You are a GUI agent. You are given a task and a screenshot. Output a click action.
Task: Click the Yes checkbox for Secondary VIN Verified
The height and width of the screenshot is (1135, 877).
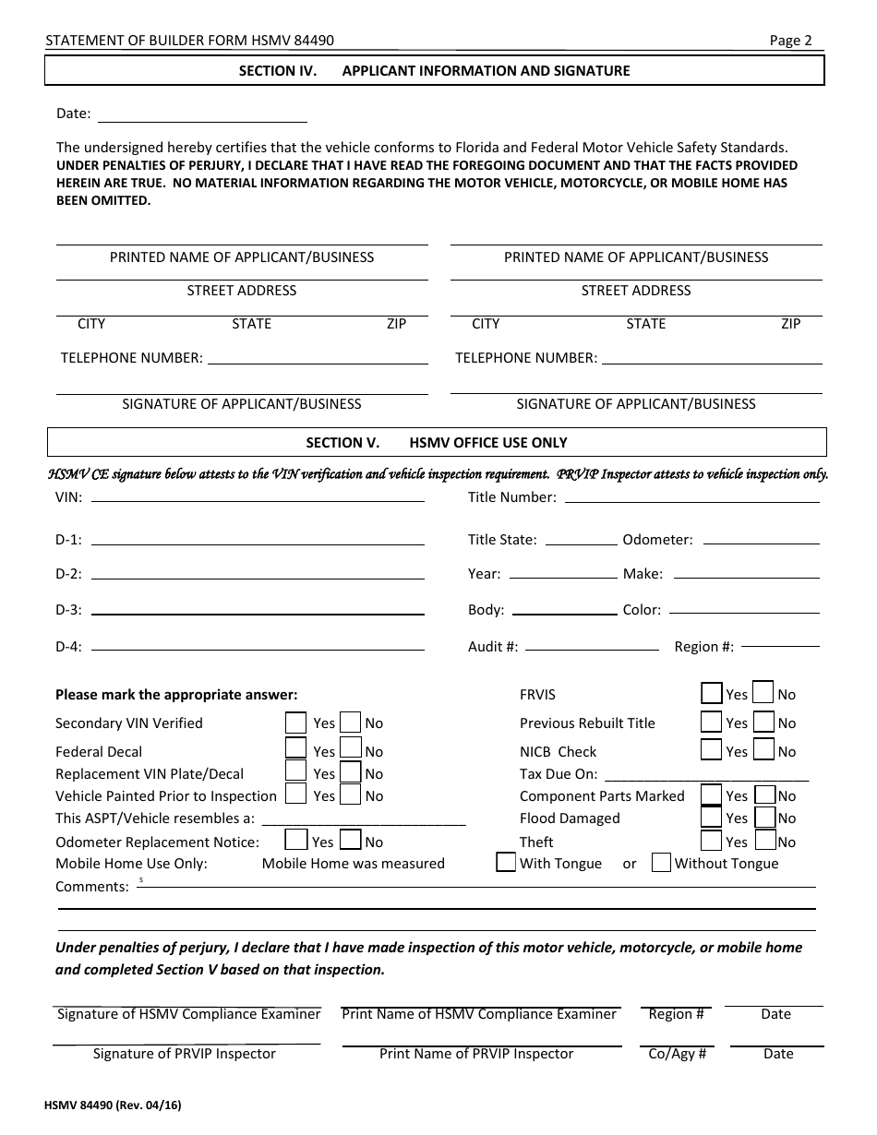(295, 722)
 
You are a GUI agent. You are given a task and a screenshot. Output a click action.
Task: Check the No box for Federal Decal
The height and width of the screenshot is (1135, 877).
(351, 748)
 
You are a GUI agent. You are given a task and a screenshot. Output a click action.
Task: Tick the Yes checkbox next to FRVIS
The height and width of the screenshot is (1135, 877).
(711, 693)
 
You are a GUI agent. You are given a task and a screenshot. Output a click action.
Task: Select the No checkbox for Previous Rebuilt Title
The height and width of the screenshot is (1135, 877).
(763, 722)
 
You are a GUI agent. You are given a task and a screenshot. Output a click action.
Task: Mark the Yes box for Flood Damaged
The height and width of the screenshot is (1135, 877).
(711, 817)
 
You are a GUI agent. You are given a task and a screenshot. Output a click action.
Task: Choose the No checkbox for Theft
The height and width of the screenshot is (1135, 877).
(765, 840)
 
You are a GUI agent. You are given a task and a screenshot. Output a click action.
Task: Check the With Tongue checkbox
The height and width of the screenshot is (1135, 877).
(506, 863)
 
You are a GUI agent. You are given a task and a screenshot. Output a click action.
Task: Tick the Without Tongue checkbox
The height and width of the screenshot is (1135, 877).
(661, 863)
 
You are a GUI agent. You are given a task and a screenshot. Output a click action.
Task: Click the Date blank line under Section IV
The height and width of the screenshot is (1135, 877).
(202, 120)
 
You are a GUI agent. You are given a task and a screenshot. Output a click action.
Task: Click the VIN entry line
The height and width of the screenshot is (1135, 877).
(258, 499)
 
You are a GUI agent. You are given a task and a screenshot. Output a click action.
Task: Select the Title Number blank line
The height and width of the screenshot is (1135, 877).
(691, 500)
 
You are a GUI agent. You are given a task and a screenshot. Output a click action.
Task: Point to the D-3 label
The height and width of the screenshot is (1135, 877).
(68, 610)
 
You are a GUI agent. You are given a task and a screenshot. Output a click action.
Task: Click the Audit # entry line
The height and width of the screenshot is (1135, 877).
(592, 648)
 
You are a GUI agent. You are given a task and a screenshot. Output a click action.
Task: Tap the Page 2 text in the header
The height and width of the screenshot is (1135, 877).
(790, 41)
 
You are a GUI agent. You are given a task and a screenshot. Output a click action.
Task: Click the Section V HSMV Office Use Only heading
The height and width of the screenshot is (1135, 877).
(436, 443)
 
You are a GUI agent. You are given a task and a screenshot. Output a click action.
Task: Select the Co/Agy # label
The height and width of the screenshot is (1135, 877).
(678, 1054)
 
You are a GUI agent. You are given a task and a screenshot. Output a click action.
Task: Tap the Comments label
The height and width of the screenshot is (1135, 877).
(91, 887)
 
